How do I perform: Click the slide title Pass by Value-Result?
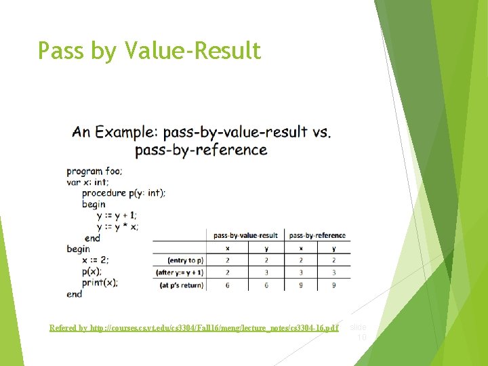(x=149, y=51)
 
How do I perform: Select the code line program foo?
(x=94, y=171)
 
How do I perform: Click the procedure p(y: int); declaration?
(x=123, y=193)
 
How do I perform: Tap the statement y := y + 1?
(x=117, y=215)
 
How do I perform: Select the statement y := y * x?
(x=117, y=226)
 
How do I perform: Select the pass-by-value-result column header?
(x=245, y=235)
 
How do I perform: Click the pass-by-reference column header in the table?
(x=317, y=235)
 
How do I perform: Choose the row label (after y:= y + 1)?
(x=180, y=272)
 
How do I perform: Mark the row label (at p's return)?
(x=180, y=285)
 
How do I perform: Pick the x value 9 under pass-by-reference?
(x=301, y=285)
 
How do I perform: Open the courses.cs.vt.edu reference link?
(x=194, y=328)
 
